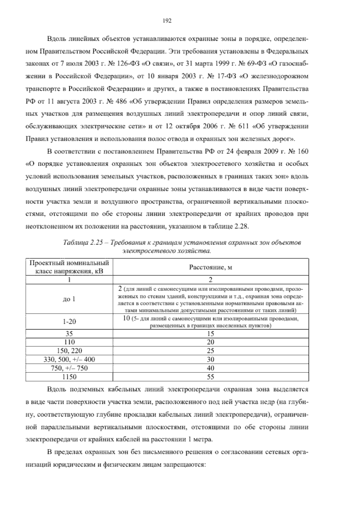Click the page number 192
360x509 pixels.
coord(166,21)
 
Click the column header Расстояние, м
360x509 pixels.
coord(211,267)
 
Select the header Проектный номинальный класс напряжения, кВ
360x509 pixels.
coord(69,267)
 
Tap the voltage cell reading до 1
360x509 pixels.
coord(69,299)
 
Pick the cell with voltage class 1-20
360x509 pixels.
coord(69,321)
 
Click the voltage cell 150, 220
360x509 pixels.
coord(69,351)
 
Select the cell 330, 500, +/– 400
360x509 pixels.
coord(69,359)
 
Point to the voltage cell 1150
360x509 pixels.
coord(69,377)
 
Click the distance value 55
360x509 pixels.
coord(211,377)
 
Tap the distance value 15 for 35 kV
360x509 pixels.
coord(211,333)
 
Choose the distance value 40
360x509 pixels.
coord(211,368)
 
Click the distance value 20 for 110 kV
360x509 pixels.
coord(211,342)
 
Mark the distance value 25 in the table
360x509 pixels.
coord(211,351)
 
